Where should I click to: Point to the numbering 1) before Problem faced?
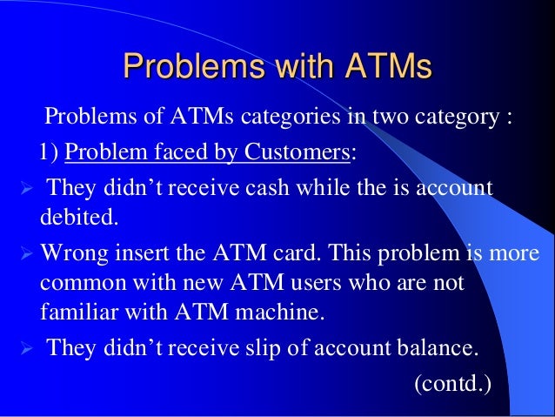50,153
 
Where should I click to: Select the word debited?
77,214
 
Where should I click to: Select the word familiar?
77,311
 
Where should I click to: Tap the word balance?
435,348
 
